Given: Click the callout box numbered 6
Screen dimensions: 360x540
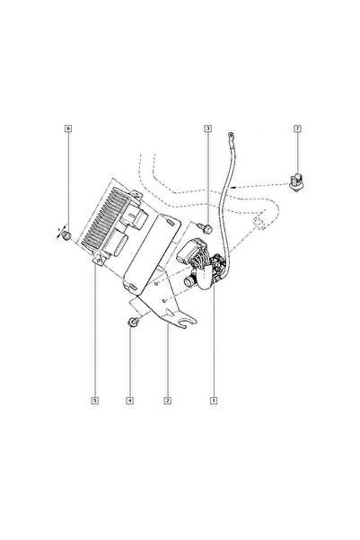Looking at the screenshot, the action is [68, 128].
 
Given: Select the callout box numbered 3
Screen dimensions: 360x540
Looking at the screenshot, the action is [207, 128].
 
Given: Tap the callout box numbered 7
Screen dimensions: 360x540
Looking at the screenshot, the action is [297, 128].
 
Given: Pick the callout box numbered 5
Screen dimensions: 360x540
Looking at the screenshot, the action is [95, 401].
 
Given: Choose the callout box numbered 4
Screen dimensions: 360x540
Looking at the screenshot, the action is [130, 401].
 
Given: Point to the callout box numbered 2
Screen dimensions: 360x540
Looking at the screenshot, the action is [168, 401].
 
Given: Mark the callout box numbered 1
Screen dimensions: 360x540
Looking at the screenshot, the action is [214, 401].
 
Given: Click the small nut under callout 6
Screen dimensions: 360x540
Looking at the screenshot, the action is [66, 235].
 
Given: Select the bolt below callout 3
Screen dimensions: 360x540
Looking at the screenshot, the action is [205, 227].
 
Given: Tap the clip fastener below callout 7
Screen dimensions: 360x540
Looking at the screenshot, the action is [297, 182].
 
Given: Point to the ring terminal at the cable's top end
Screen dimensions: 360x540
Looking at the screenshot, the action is [231, 136].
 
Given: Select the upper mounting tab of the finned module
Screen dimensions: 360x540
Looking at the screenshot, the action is [137, 195].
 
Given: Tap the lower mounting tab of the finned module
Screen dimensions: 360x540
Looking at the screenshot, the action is [99, 260].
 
